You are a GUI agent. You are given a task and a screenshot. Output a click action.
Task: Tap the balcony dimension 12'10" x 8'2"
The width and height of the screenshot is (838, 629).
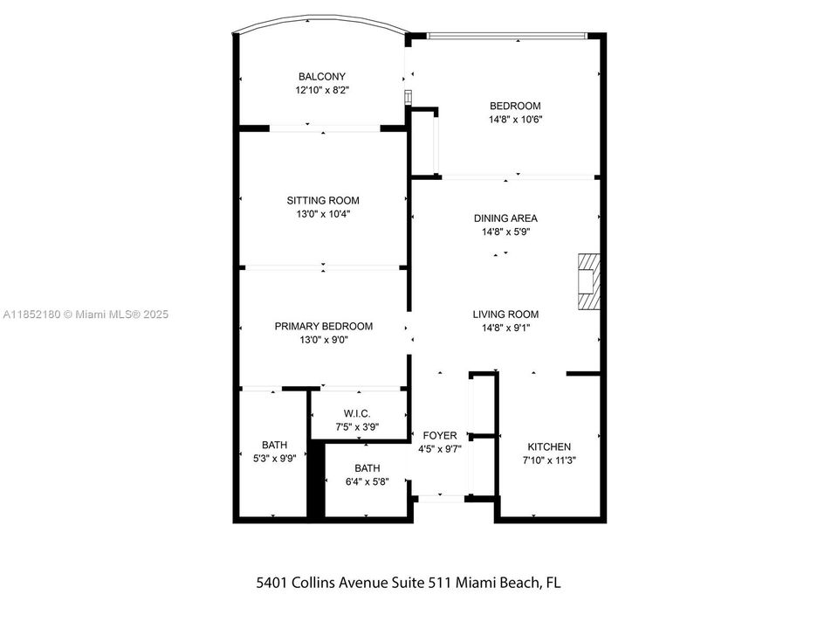[x=323, y=90]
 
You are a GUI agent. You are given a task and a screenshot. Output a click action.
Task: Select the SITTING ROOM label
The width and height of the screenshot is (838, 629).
[x=323, y=200]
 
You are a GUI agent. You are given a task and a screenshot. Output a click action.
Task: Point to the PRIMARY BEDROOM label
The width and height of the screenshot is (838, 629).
[x=323, y=326]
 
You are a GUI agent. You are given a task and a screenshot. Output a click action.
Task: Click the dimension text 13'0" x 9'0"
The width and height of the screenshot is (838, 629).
[x=323, y=340]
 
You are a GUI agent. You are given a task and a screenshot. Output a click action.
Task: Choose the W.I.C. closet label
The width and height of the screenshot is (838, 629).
[x=357, y=413]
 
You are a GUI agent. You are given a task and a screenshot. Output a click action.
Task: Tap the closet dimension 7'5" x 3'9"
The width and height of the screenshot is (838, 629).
[x=357, y=427]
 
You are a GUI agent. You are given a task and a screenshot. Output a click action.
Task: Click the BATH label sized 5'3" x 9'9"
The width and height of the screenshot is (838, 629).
[x=274, y=444]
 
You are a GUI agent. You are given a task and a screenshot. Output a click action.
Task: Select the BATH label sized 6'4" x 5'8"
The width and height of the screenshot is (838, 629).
[x=367, y=467]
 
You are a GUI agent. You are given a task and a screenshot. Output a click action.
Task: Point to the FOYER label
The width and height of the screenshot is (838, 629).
[x=440, y=435]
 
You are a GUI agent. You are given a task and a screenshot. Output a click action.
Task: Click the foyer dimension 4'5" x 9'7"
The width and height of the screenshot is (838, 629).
[x=440, y=449]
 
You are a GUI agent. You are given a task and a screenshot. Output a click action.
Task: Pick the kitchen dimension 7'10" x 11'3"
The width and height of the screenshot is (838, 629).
[x=549, y=460]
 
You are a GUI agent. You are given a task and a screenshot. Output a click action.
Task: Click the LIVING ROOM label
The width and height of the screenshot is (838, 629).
[x=505, y=314]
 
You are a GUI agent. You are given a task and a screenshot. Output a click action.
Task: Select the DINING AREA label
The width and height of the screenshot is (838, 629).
[x=505, y=218]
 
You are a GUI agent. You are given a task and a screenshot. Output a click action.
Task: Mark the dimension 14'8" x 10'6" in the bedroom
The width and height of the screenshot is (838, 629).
[x=515, y=121]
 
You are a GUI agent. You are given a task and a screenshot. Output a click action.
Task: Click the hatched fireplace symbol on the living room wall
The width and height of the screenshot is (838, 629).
[x=589, y=281]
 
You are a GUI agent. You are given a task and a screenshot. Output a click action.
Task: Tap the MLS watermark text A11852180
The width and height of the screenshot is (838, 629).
[x=31, y=314]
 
